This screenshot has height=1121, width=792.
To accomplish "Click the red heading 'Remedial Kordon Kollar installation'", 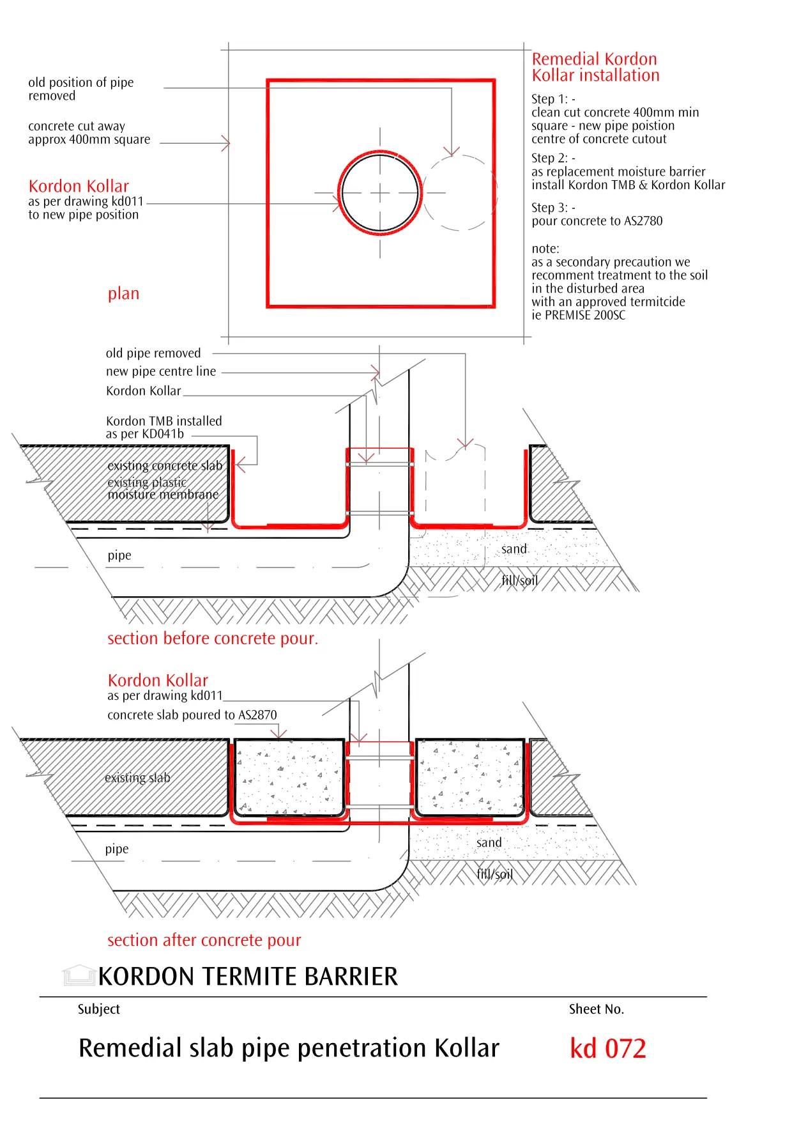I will pos(595,67).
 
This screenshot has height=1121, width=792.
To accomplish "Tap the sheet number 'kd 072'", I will pos(607,1049).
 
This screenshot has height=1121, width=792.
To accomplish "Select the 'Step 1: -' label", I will pos(553,99).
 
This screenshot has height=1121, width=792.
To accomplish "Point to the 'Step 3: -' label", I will pos(553,208).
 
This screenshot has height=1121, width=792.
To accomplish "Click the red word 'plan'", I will pos(123,294).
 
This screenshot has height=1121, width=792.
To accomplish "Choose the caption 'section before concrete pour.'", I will pos(212,638).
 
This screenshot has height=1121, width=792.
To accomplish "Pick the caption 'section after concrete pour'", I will pos(204,940).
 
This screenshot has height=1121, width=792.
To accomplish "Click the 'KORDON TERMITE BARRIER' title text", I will pos(248,977).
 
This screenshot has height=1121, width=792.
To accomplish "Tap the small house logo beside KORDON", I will pos(79,976).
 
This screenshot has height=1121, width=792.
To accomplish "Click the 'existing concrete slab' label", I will pos(165,466).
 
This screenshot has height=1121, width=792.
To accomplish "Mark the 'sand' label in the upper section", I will pos(514,549).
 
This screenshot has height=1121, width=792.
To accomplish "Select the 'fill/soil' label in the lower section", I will pos(494,874).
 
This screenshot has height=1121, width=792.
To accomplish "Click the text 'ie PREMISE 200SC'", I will pos(578,315).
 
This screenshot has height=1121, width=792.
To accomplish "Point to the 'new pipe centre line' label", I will pos(161,371).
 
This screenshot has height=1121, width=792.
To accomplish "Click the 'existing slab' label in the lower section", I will pos(137,778).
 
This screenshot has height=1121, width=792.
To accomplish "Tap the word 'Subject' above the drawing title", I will pos(98,1009).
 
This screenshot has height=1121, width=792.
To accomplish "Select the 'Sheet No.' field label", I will pos(596,1009).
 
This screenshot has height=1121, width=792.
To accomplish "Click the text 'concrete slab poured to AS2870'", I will pos(192,715).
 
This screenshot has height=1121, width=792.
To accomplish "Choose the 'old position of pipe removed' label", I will pos(81,89).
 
